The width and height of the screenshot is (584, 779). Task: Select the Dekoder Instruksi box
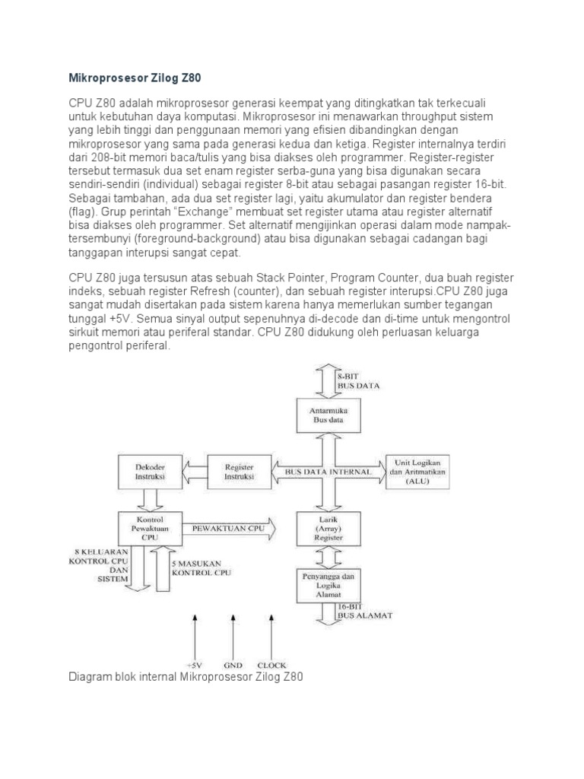pyautogui.click(x=148, y=471)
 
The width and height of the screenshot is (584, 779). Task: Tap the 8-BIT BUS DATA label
pyautogui.click(x=358, y=380)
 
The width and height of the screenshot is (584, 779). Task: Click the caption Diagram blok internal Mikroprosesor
pyautogui.click(x=186, y=676)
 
